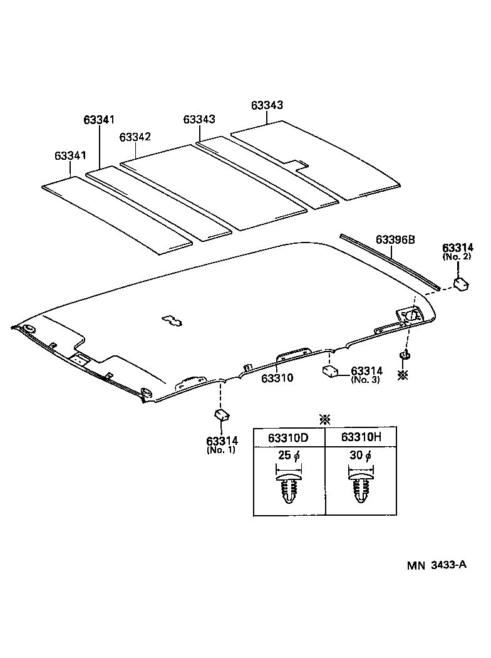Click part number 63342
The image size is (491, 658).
pyautogui.click(x=135, y=137)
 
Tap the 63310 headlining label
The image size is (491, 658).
pyautogui.click(x=277, y=378)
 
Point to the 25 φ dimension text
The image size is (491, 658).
pyautogui.click(x=288, y=456)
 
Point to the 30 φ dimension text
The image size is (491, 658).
pyautogui.click(x=360, y=456)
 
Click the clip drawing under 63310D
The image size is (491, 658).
pyautogui.click(x=289, y=486)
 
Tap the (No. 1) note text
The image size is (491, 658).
pyautogui.click(x=221, y=450)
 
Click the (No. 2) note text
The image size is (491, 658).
pyautogui.click(x=457, y=257)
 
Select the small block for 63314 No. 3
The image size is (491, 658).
pyautogui.click(x=330, y=371)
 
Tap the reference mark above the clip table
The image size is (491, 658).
pyautogui.click(x=324, y=419)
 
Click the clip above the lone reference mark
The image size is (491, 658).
pyautogui.click(x=405, y=357)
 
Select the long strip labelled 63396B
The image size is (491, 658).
pyautogui.click(x=388, y=261)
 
